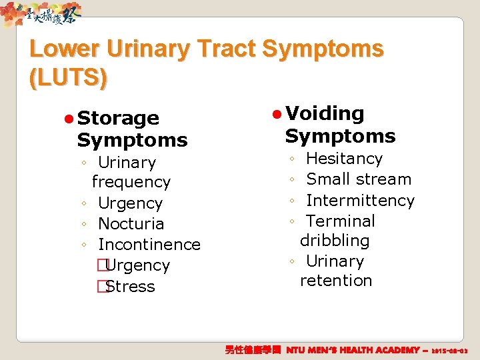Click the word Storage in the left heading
[118, 118]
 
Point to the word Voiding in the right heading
[325, 114]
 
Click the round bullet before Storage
[68, 119]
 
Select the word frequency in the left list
[131, 182]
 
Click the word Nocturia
[131, 224]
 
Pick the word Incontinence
[149, 245]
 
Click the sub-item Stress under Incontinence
[130, 287]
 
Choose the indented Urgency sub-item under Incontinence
[137, 265]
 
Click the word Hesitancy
[344, 159]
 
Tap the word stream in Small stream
[383, 179]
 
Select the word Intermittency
[360, 200]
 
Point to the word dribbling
[335, 241]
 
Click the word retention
[336, 281]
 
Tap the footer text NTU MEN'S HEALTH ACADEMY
[353, 350]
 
